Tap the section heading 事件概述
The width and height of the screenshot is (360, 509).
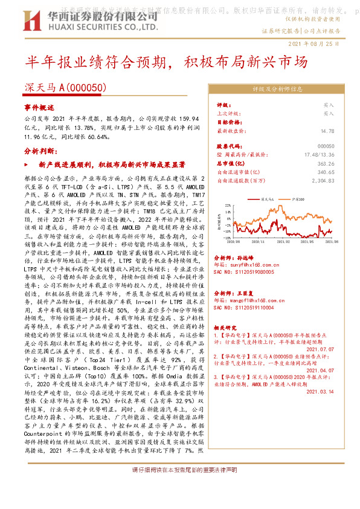(39, 106)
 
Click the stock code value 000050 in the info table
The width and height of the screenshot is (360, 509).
(326, 163)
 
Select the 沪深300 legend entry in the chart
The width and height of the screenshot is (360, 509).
(297, 198)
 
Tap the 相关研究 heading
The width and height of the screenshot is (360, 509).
(226, 327)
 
